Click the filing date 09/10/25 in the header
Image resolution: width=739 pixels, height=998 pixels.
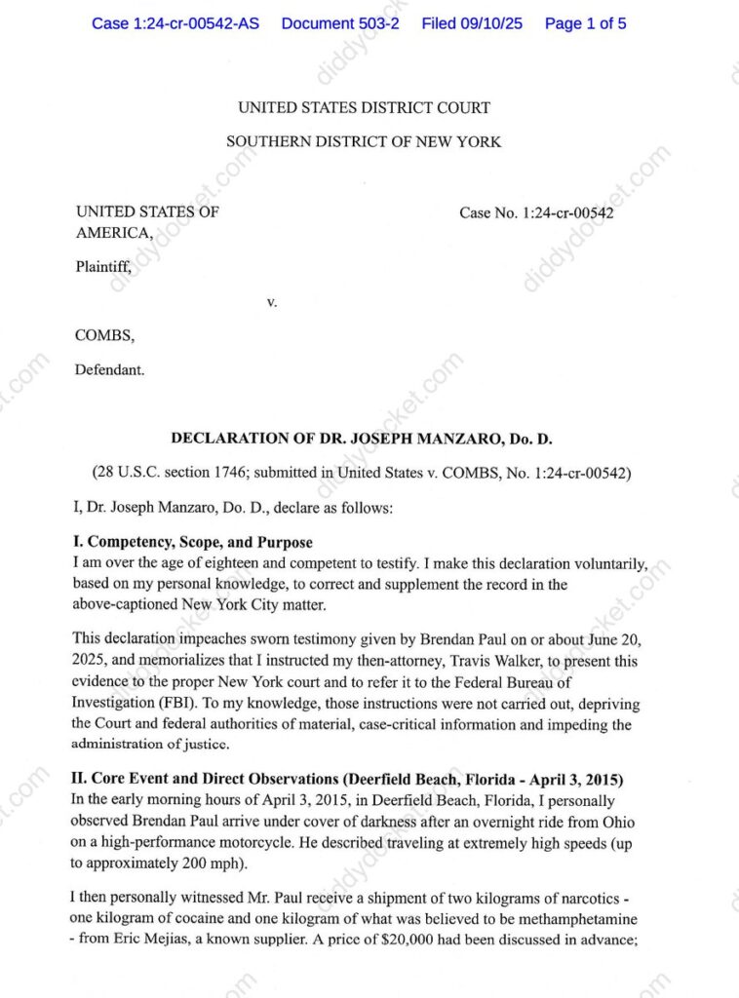491,23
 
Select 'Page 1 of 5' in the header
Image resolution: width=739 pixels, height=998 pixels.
585,23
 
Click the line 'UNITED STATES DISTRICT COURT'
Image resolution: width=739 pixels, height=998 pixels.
364,107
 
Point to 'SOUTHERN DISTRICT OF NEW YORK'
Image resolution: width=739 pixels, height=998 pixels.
364,141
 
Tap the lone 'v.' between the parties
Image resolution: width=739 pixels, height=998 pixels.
272,302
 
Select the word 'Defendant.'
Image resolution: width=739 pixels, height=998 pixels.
110,369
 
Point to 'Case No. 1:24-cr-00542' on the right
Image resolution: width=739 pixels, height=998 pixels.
536,212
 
